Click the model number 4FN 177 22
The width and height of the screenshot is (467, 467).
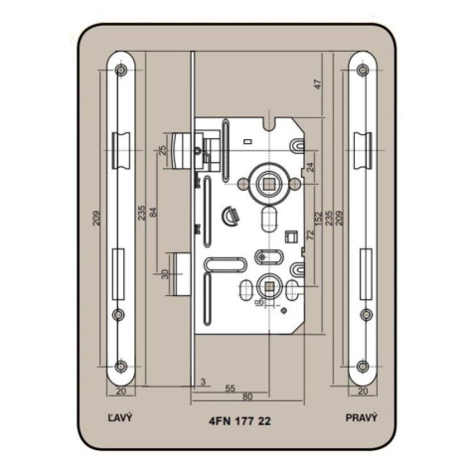(x=240, y=421)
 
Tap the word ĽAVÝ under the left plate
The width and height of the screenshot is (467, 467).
(x=120, y=417)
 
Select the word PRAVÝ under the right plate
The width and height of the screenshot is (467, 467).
(x=362, y=417)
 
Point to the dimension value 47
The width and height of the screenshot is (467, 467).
(x=318, y=84)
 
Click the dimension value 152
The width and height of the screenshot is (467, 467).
(x=318, y=219)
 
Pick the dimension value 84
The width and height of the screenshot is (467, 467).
(x=153, y=213)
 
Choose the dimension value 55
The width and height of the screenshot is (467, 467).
(x=230, y=389)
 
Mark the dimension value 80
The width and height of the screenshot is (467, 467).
(x=247, y=396)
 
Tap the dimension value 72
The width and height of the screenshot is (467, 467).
(x=310, y=235)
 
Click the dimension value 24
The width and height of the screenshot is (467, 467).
(x=310, y=167)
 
